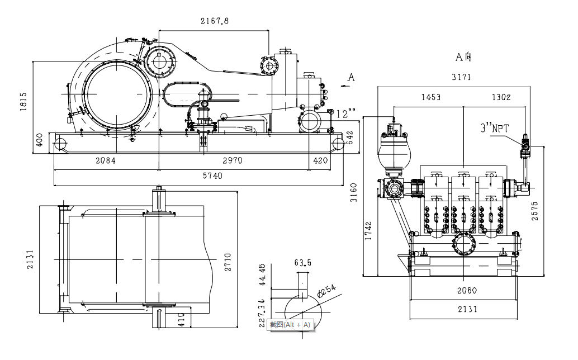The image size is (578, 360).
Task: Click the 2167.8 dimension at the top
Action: (x=215, y=21)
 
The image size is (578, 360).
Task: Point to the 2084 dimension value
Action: (x=105, y=161)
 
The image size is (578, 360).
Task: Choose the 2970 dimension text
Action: (x=232, y=161)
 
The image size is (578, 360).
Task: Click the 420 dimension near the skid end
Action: (x=320, y=161)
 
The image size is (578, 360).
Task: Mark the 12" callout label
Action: (x=345, y=114)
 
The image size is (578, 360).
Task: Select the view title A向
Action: (x=464, y=56)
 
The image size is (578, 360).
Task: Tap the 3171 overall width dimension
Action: (x=461, y=77)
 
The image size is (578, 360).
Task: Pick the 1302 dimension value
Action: (x=501, y=97)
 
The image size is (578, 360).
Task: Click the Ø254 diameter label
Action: (x=326, y=291)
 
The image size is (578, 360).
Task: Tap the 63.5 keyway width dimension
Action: (x=303, y=262)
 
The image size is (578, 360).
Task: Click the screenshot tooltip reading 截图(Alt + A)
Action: (x=290, y=325)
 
